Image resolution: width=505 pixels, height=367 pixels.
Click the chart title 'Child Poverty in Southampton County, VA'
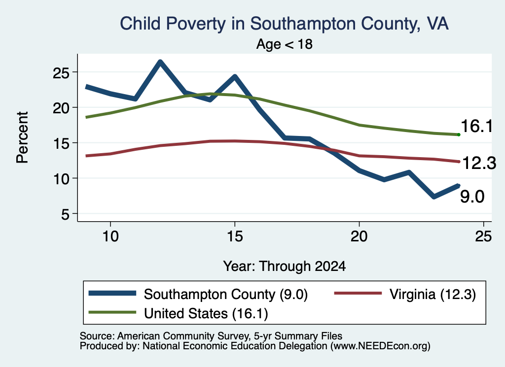point(284,24)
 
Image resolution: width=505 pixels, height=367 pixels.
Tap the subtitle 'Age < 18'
point(285,44)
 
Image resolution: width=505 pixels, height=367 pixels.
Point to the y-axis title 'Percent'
point(23,137)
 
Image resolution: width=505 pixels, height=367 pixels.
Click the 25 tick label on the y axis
point(61,73)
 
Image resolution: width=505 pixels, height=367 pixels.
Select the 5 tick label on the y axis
point(65,214)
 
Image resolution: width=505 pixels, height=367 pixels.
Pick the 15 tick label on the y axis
point(61,143)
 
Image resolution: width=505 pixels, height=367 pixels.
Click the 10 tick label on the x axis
point(110,236)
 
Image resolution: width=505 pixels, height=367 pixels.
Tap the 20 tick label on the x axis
point(359,236)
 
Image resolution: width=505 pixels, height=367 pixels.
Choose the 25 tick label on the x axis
point(483,236)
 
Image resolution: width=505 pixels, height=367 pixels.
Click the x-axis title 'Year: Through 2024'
point(285,267)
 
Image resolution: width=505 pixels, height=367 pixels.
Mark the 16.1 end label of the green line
point(477,126)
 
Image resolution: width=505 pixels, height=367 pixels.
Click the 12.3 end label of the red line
point(479,163)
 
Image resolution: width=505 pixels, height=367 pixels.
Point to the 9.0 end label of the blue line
point(472,197)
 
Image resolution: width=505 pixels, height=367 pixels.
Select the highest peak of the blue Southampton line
point(160,62)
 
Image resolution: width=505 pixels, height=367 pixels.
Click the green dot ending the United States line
point(459,135)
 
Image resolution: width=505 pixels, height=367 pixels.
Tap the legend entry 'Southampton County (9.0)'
point(198,294)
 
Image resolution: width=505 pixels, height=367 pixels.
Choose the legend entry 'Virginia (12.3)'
point(405,294)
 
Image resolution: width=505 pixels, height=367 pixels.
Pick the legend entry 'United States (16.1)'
point(178,313)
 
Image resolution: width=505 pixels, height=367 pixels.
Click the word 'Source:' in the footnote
point(97,336)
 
